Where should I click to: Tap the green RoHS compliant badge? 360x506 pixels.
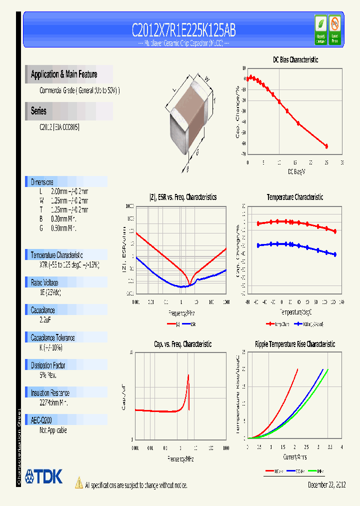coord(321,29)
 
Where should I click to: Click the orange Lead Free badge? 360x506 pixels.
coord(334,29)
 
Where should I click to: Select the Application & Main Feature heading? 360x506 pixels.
coord(64,74)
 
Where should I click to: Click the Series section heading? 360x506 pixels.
coord(38,111)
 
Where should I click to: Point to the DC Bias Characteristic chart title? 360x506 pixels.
coord(295,59)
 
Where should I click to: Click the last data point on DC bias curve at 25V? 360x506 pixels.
coord(326,146)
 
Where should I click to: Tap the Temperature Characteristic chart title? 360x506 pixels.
coord(294,197)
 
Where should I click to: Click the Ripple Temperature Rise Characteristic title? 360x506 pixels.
coord(294,344)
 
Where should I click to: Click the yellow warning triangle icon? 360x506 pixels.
coord(78,482)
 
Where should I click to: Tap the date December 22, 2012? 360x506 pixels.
coord(326,485)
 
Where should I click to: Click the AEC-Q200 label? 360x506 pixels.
coord(42,420)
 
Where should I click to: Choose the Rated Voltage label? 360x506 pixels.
coord(44,282)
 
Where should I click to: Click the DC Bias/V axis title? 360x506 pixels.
coord(296,171)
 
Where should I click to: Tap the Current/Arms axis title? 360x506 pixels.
coord(295,456)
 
